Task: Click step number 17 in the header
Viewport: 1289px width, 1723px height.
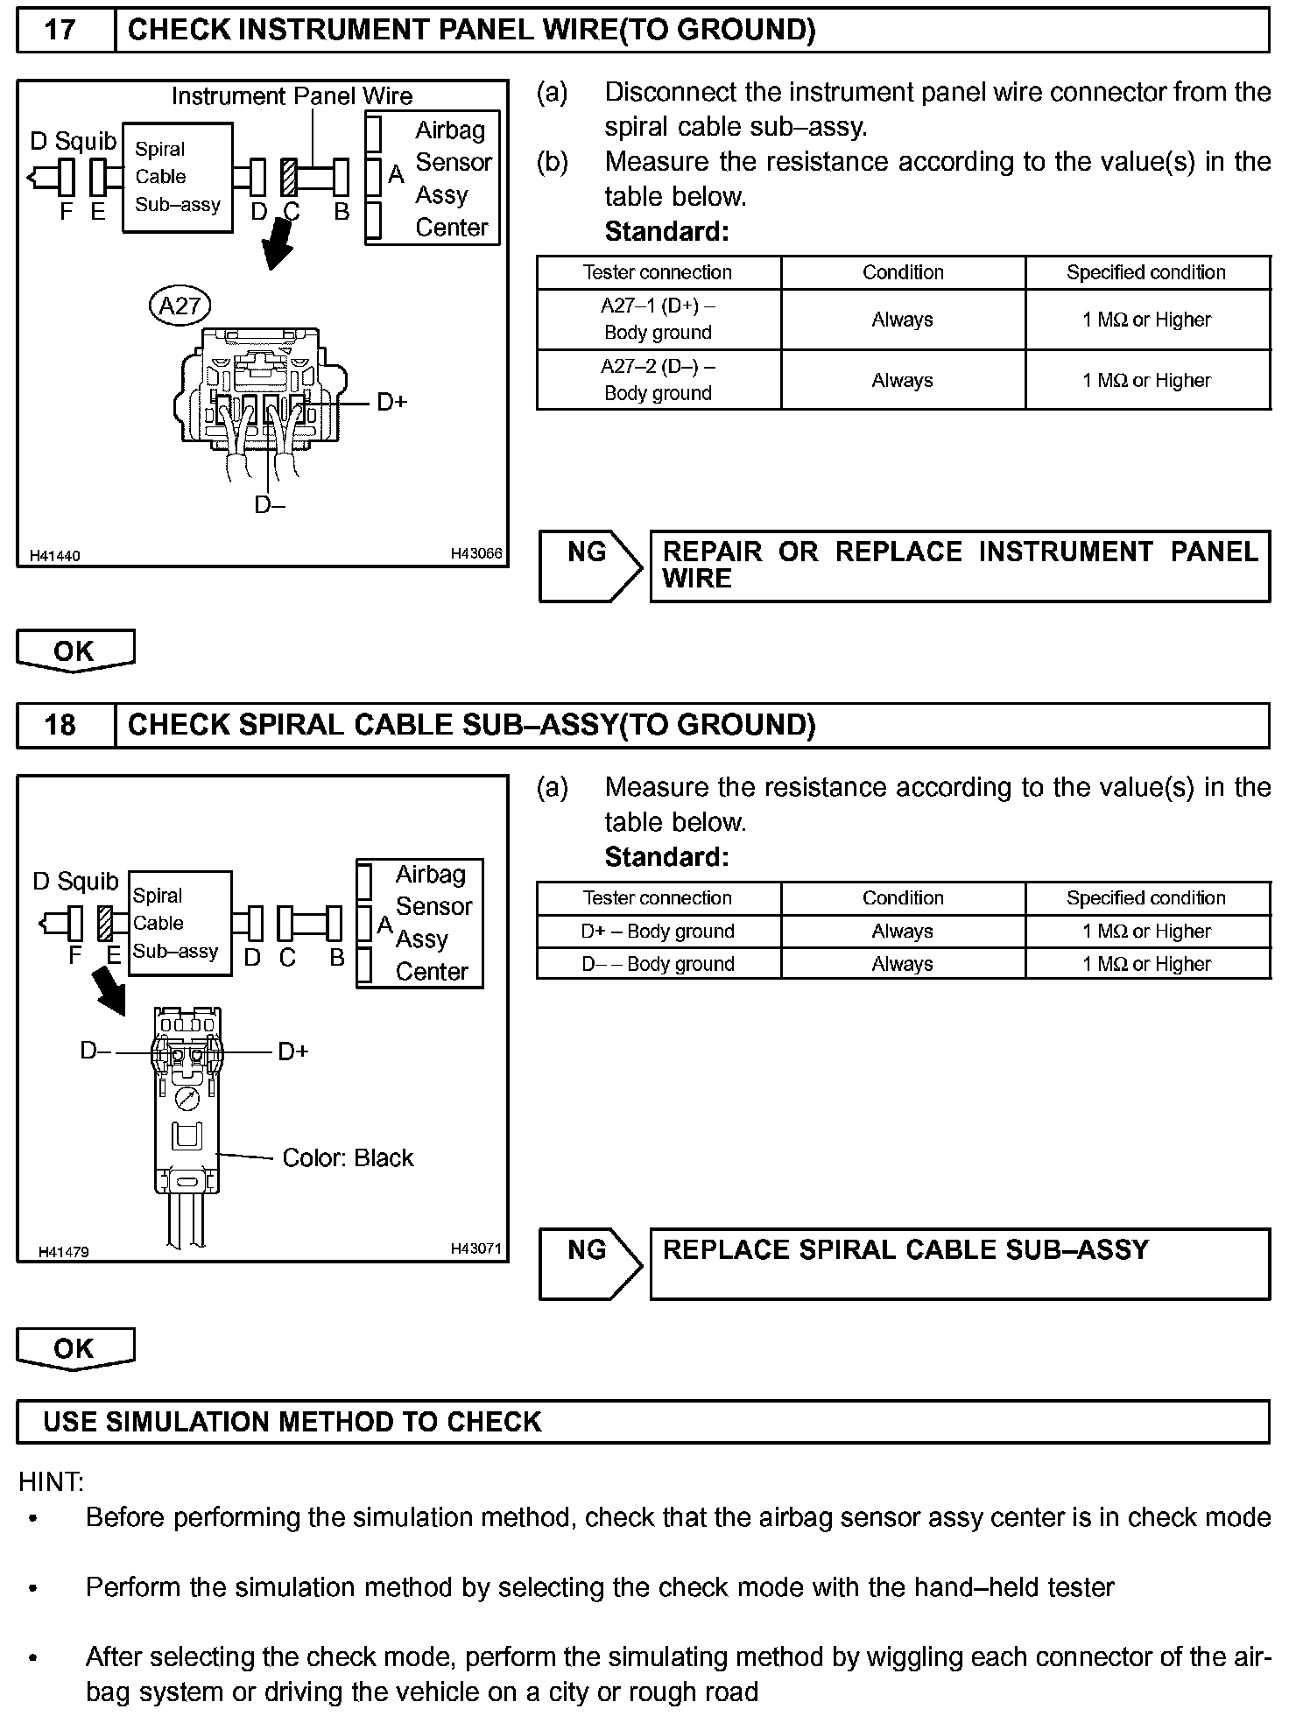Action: [x=60, y=31]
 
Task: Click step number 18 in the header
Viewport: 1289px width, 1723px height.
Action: [x=60, y=725]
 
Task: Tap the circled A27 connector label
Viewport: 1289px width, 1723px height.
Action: [x=180, y=306]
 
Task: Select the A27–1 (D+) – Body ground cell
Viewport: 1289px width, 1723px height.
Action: [x=658, y=320]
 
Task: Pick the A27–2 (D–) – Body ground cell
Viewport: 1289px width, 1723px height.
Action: [x=658, y=380]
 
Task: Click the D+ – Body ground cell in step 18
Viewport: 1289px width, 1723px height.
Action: [x=658, y=932]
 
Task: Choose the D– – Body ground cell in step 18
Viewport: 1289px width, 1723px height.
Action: [x=658, y=964]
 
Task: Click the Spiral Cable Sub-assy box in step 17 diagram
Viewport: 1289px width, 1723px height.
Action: [x=177, y=177]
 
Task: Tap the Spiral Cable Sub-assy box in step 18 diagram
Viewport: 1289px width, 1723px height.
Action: [x=179, y=923]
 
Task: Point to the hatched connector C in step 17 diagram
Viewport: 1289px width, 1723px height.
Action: [x=289, y=177]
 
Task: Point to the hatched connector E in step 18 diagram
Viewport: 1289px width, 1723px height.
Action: [x=107, y=923]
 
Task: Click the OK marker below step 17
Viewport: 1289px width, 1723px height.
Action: [x=75, y=651]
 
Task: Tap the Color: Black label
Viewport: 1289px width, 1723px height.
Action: [x=348, y=1157]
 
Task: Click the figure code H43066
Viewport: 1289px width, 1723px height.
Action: [x=476, y=553]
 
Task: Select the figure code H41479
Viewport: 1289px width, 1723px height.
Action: [x=63, y=1252]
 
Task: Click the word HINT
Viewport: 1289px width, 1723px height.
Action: [x=51, y=1482]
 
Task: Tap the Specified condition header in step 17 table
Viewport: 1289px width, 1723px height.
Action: [x=1145, y=272]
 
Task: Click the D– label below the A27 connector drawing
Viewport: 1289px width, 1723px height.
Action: [x=269, y=505]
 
